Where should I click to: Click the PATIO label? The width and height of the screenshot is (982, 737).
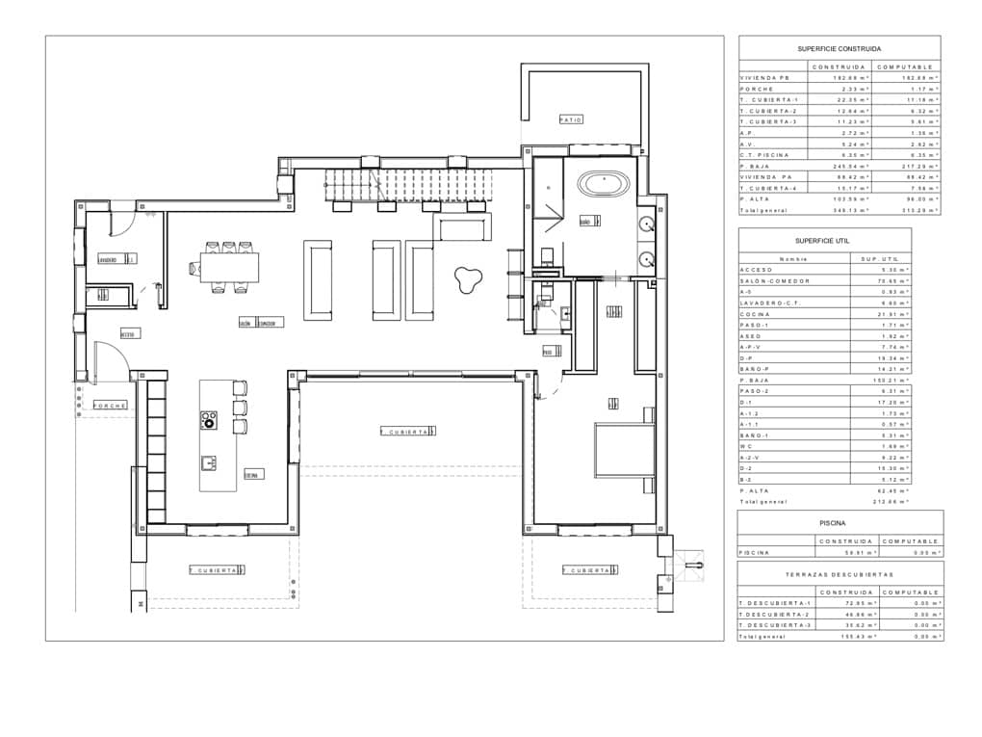(x=571, y=119)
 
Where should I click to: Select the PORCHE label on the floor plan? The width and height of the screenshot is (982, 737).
(x=111, y=406)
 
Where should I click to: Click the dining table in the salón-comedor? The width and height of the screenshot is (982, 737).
(x=229, y=267)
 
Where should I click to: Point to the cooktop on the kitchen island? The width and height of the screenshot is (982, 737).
(x=209, y=419)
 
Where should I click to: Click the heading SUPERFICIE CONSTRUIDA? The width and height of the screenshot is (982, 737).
(x=839, y=48)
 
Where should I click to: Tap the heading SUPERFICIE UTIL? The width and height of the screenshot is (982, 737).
(x=823, y=240)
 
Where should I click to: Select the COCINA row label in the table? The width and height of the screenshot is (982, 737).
(x=755, y=314)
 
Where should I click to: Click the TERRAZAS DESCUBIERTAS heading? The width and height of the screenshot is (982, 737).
(x=840, y=574)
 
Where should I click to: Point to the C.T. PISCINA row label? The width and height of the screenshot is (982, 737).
(x=765, y=154)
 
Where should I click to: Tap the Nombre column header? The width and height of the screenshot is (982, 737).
(x=794, y=258)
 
